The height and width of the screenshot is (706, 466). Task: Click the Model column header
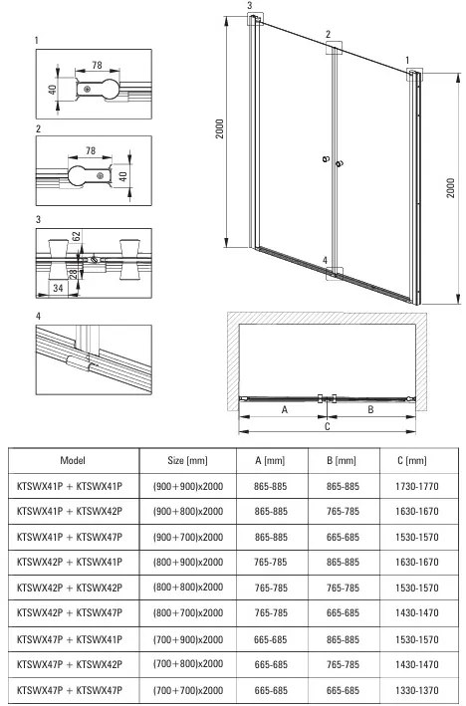pyautogui.click(x=73, y=460)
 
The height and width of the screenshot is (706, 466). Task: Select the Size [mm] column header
pyautogui.click(x=187, y=460)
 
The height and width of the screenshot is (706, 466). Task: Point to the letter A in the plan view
pyautogui.click(x=284, y=409)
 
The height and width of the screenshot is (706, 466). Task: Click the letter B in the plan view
pyautogui.click(x=370, y=409)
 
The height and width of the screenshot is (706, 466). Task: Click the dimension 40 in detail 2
pyautogui.click(x=122, y=175)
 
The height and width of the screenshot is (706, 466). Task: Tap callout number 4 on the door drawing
pyautogui.click(x=326, y=260)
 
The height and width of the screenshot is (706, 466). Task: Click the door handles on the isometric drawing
pyautogui.click(x=333, y=160)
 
